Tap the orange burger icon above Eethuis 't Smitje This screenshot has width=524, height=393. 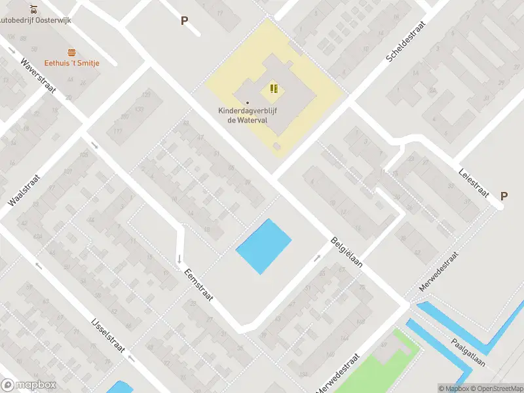pos(71,52)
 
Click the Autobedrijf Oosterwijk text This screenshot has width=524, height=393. pos(35,20)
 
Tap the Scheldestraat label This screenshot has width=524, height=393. pos(406,41)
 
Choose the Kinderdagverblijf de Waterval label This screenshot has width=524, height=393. pos(248,115)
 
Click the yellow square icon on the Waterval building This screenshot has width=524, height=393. pos(274,88)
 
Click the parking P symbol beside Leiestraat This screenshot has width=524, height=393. pos(504,196)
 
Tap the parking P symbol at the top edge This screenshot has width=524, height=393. pos(184,20)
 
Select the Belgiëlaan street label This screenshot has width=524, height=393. pos(346,252)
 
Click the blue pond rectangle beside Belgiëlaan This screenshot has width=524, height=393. pos(263,246)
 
